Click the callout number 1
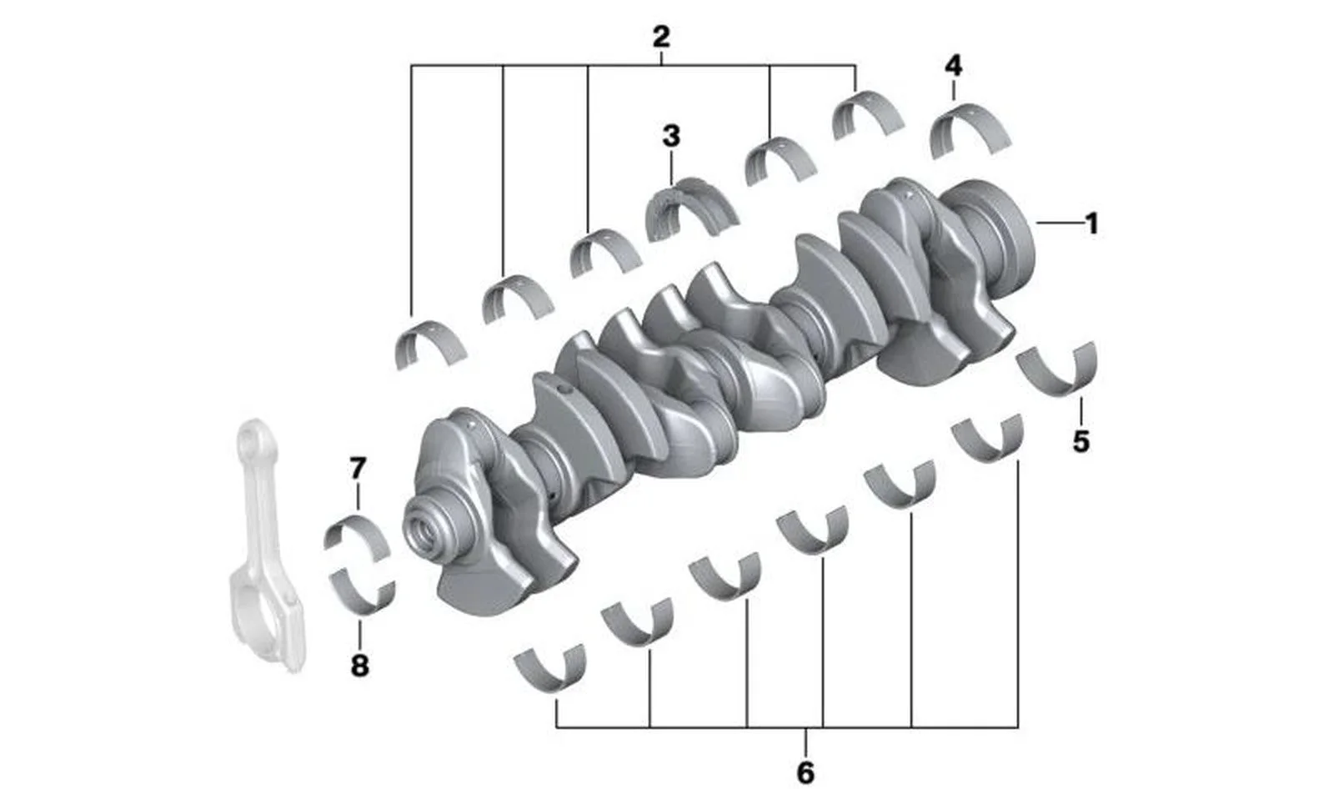(1091, 224)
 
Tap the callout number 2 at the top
(661, 37)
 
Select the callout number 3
(671, 136)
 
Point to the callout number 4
(954, 66)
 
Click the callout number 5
(1081, 441)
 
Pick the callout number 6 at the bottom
(805, 773)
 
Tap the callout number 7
(358, 469)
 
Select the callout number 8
(359, 666)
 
